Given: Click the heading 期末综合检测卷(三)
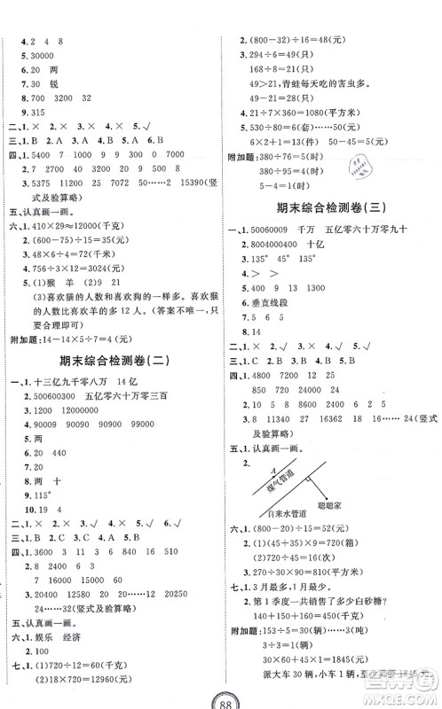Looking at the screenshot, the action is (332, 208).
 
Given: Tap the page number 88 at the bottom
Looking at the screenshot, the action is (222, 695).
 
